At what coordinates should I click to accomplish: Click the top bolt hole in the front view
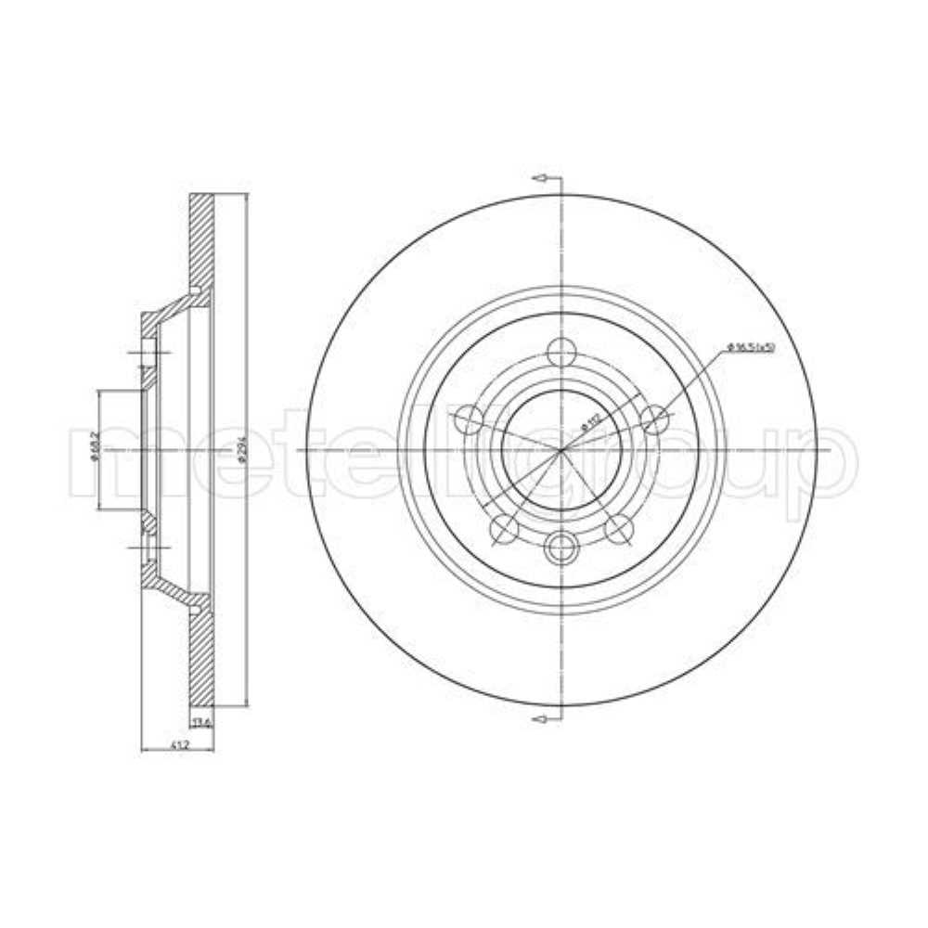pyautogui.click(x=561, y=353)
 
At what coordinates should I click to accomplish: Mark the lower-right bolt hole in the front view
pyautogui.click(x=618, y=528)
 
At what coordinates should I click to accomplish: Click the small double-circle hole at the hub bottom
pyautogui.click(x=561, y=549)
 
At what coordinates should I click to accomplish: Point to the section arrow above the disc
pyautogui.click(x=541, y=178)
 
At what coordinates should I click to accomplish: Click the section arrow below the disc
pyautogui.click(x=541, y=717)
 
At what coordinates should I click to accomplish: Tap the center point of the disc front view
pyautogui.click(x=561, y=450)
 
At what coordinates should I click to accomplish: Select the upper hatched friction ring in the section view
pyautogui.click(x=201, y=241)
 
